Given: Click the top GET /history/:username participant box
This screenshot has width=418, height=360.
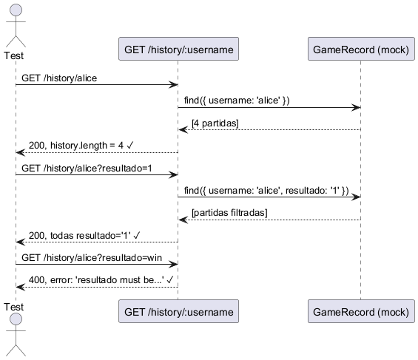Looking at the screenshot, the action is [x=178, y=49].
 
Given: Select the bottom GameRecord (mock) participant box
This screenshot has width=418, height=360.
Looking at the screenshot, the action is [x=361, y=311].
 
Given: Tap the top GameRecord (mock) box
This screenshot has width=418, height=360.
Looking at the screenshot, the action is [x=361, y=49].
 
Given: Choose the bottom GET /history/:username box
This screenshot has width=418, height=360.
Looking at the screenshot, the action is [x=178, y=311].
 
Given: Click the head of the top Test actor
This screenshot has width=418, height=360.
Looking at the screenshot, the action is [x=16, y=10].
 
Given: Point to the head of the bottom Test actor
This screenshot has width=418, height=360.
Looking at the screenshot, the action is [x=16, y=319].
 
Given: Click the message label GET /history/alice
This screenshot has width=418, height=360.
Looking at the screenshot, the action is [x=59, y=78].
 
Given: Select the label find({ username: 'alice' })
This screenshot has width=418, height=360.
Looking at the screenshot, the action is [x=237, y=101].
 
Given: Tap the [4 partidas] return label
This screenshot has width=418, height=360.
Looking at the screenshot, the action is [x=215, y=123].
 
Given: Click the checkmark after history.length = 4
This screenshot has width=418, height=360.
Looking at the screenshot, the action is [x=129, y=146].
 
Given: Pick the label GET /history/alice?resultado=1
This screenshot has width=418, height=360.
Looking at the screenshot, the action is [x=87, y=169].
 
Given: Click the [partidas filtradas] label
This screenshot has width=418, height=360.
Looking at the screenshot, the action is [x=229, y=213].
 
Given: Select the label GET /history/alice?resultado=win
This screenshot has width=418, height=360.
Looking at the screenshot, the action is [x=92, y=258].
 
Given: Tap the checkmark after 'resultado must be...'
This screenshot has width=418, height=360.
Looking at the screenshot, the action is [x=170, y=280].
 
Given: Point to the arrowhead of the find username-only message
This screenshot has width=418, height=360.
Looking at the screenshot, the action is [x=357, y=108].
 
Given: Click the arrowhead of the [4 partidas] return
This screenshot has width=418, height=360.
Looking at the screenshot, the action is [x=183, y=130].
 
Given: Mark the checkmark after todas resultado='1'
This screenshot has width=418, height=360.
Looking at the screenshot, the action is [x=136, y=235].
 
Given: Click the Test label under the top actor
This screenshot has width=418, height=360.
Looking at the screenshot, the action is [x=14, y=55].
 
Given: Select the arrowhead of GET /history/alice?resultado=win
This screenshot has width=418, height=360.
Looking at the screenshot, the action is [x=174, y=265].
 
